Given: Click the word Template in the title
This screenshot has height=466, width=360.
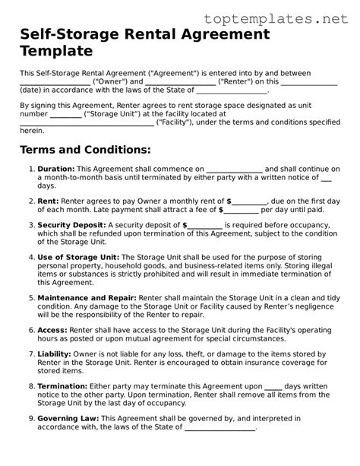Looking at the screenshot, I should click(56, 51).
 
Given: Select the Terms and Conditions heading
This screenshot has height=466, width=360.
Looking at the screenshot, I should click(85, 150).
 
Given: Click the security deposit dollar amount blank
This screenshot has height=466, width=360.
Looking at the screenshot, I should click(204, 226).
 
